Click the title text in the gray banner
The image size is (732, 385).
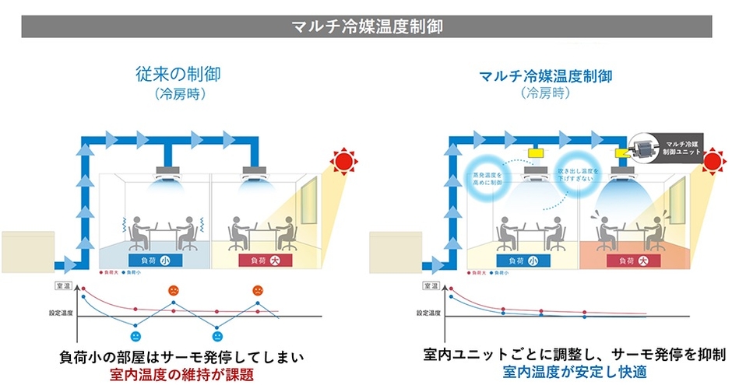(367, 26)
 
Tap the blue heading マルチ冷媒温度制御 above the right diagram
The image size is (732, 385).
(545, 76)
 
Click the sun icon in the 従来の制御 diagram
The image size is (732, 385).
(343, 163)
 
